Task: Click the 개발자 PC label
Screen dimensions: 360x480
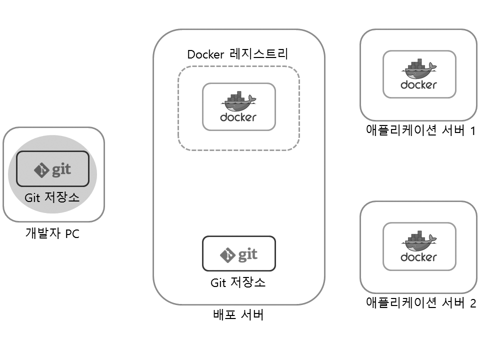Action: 52,233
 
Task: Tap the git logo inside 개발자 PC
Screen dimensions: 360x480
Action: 52,169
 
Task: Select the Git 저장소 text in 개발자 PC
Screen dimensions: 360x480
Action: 52,197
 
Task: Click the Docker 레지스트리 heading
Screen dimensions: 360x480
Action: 238,54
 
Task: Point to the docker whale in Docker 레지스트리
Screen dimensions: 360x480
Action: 238,101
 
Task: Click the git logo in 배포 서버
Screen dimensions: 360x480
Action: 238,254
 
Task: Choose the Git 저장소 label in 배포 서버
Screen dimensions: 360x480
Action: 238,282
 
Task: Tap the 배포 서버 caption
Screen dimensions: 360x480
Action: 238,315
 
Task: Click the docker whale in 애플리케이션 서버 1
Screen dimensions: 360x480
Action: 419,69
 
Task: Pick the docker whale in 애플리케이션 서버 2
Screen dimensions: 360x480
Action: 419,241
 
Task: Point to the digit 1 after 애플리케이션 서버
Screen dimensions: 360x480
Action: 471,131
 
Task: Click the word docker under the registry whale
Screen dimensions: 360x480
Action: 238,117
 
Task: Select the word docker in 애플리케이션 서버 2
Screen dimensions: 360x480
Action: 419,257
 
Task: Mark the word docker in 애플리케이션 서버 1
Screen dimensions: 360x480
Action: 419,85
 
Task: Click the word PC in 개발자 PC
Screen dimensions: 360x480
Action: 72,233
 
